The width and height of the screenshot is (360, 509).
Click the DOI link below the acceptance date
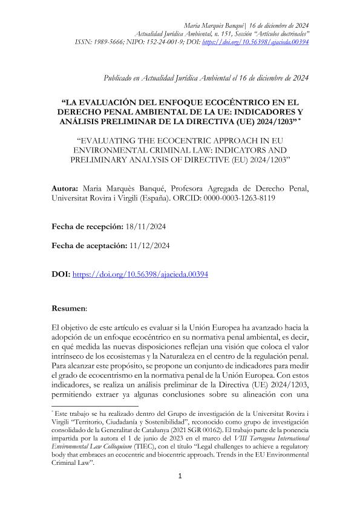click(140, 274)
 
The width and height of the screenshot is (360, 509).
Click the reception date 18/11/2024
click(143, 225)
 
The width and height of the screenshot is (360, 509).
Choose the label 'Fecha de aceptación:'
click(90, 246)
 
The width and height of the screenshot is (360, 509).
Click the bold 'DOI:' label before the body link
click(61, 274)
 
